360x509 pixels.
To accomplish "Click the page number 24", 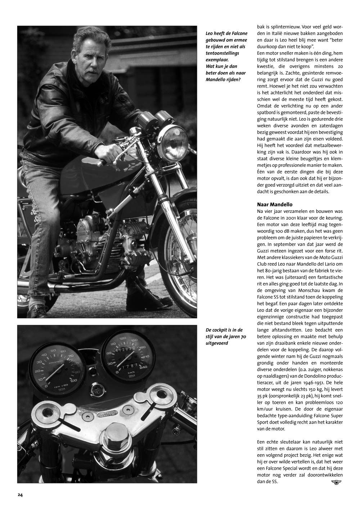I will point(20,495).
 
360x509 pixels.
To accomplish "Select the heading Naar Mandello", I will point(274,204).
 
